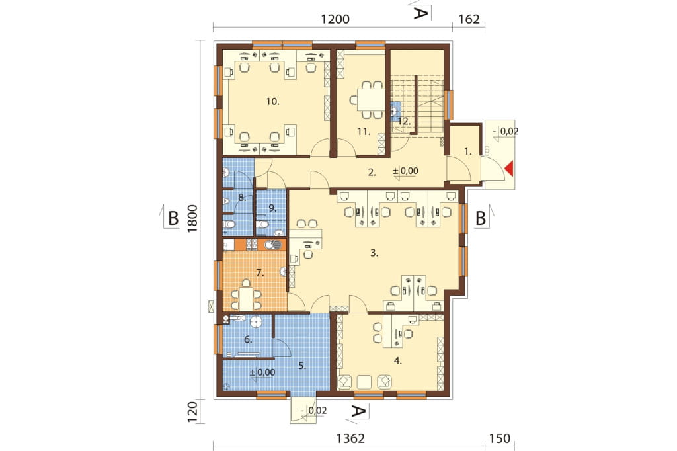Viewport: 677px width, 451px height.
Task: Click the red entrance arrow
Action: click(510, 168)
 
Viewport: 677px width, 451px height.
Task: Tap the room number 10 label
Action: click(273, 102)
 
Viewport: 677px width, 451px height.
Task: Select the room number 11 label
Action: click(364, 132)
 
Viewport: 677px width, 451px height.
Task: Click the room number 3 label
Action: click(374, 253)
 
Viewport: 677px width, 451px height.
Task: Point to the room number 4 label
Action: click(397, 361)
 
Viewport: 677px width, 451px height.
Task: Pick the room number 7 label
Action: click(260, 272)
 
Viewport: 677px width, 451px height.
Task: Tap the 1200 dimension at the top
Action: click(335, 19)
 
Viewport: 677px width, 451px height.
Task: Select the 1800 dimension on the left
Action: click(192, 219)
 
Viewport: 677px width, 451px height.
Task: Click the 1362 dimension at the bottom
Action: click(350, 438)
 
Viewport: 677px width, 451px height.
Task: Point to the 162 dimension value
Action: click(469, 19)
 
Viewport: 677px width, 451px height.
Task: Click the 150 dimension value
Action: click(500, 438)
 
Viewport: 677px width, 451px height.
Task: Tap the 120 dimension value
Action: click(192, 411)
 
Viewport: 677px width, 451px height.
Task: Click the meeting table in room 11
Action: click(370, 100)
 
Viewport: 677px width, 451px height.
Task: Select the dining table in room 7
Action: click(246, 298)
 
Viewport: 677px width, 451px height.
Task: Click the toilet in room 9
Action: click(262, 225)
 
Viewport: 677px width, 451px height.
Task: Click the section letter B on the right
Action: click(481, 219)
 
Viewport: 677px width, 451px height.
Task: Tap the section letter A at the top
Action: click(420, 14)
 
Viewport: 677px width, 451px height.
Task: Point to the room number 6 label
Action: click(248, 339)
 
